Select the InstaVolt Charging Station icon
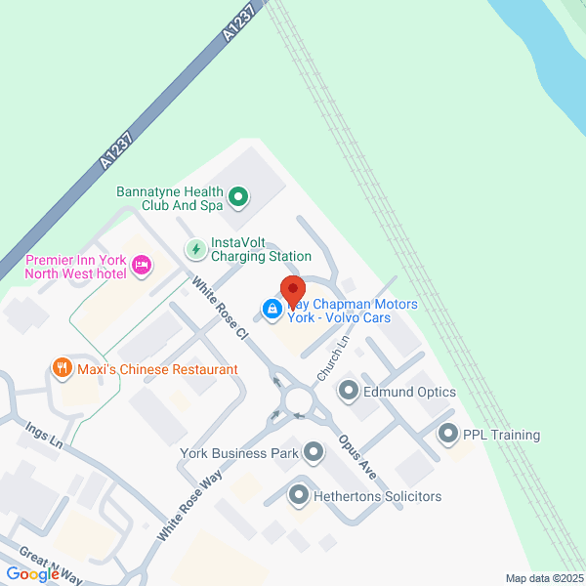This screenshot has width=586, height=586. [196, 249]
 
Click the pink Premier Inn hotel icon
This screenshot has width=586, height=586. [143, 264]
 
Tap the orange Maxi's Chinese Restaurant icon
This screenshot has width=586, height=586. [62, 368]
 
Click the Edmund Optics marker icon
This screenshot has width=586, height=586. [348, 392]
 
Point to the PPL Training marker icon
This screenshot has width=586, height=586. [448, 433]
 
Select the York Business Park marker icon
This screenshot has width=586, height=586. [313, 452]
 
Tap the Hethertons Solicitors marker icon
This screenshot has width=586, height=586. [299, 496]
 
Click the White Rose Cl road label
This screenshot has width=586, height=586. [222, 308]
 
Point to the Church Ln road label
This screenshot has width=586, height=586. [333, 359]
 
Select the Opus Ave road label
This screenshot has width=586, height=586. [357, 456]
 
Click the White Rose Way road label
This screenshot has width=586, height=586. [189, 505]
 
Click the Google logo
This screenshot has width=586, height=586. [32, 574]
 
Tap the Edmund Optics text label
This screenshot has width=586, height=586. [410, 392]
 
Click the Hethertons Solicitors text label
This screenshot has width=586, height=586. [377, 496]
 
